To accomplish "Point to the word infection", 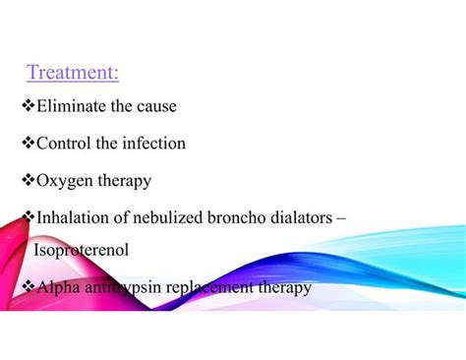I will tap(151, 144).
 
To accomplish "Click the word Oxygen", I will tap(64, 180).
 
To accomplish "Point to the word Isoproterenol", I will tap(81, 251).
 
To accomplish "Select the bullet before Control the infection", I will tap(28, 144).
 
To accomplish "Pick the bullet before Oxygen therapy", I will tap(28, 180).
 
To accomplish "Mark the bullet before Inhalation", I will tap(28, 215).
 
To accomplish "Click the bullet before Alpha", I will tap(28, 287).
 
